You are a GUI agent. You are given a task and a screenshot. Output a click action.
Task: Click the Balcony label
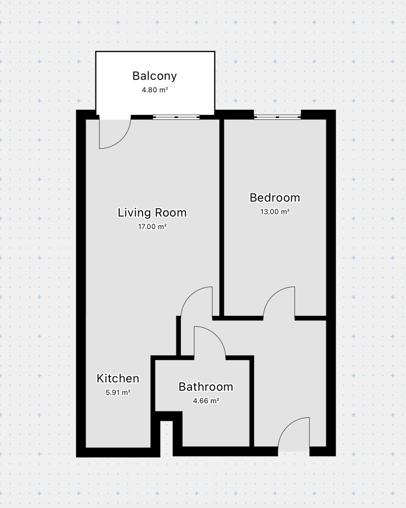click(155, 76)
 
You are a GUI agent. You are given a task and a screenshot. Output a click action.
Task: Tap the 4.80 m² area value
click(155, 90)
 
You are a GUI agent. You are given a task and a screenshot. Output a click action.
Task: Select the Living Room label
click(152, 213)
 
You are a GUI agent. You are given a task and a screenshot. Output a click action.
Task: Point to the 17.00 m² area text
click(152, 226)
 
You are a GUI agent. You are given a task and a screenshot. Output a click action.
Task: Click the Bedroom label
click(275, 198)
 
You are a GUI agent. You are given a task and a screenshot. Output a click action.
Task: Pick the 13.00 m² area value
click(275, 212)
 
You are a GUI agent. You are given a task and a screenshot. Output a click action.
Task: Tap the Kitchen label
click(118, 378)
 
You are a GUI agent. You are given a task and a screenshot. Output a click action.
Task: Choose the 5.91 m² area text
click(118, 392)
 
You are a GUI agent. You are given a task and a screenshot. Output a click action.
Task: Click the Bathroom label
click(206, 387)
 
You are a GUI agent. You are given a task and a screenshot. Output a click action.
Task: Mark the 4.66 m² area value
click(206, 401)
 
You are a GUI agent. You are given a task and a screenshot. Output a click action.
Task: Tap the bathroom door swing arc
click(217, 335)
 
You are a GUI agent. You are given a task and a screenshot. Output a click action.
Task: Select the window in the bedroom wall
click(277, 117)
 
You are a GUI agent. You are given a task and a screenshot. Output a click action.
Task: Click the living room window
click(176, 117)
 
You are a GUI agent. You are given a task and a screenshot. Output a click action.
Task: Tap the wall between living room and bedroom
click(222, 217)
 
